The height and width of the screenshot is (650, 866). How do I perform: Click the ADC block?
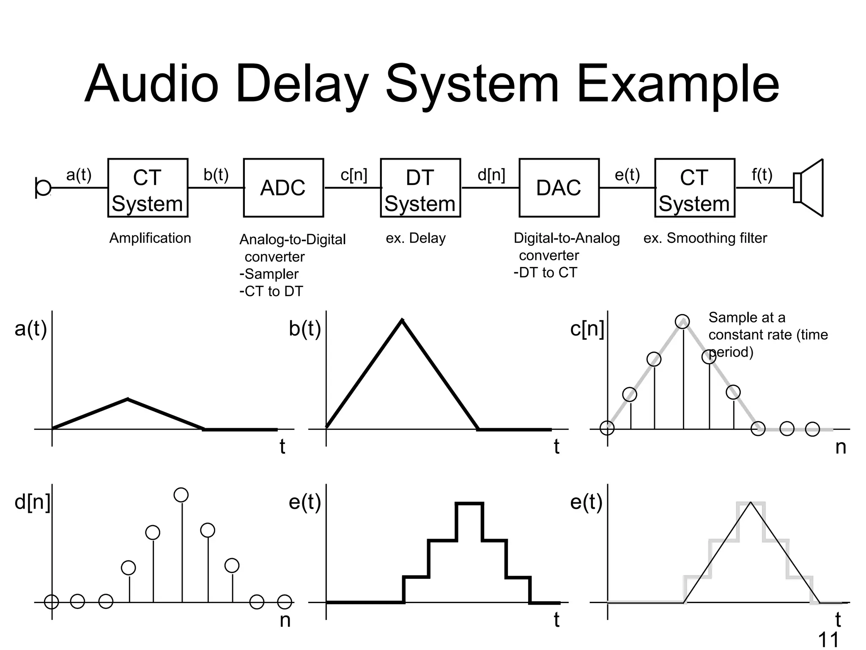point(283,188)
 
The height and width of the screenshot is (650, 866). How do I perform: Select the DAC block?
point(559,188)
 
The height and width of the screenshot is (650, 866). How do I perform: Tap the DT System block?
point(420,188)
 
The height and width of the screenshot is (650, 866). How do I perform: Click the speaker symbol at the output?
point(808,188)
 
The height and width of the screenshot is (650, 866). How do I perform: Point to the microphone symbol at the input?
point(43,188)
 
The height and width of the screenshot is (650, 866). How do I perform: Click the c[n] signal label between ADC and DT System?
point(354,174)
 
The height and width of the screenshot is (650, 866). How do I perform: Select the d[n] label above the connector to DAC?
point(491,174)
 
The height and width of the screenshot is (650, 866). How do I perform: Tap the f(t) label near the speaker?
point(762,174)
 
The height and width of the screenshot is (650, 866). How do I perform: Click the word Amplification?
point(150,238)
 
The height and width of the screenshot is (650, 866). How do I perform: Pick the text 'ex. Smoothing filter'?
point(705,238)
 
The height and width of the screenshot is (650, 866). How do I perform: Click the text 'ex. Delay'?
point(416,238)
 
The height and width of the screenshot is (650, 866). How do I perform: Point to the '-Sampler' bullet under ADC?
point(269,274)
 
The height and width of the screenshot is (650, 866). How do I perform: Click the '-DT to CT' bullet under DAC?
point(545,273)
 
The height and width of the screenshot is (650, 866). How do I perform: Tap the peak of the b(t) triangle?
point(402,320)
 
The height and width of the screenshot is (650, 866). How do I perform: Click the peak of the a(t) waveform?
point(128,399)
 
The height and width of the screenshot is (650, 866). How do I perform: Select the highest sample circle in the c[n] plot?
point(682,322)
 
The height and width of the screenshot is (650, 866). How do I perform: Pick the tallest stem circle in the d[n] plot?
point(181,495)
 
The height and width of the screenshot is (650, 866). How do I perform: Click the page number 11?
point(828,639)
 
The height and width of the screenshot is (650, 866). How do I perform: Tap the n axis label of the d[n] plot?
point(285,620)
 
